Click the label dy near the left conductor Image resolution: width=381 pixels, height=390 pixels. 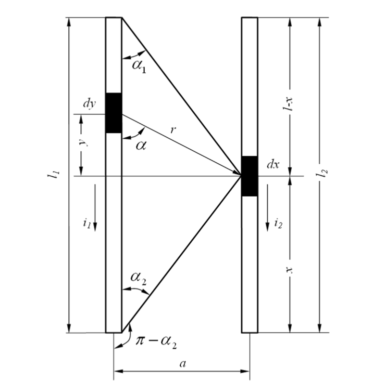tap(89, 103)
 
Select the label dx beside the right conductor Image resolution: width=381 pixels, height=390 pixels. tap(273, 164)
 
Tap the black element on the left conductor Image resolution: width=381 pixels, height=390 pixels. tap(114, 113)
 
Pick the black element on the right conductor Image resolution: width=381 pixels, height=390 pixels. tap(250, 176)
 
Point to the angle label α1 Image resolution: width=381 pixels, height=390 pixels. tap(139, 66)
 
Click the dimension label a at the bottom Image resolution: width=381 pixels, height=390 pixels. tap(183, 364)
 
